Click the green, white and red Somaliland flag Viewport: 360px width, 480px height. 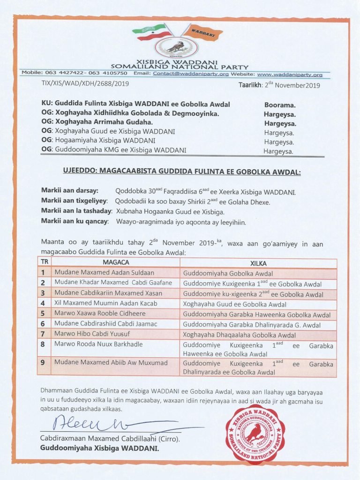click(151, 32)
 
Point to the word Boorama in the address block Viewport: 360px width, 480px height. click(280, 105)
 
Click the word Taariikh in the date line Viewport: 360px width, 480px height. click(249, 85)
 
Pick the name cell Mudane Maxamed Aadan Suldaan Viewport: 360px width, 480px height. click(104, 273)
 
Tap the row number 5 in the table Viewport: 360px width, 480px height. click(43, 313)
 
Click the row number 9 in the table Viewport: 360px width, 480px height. click(43, 362)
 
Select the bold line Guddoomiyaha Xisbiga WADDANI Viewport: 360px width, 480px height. click(99, 449)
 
